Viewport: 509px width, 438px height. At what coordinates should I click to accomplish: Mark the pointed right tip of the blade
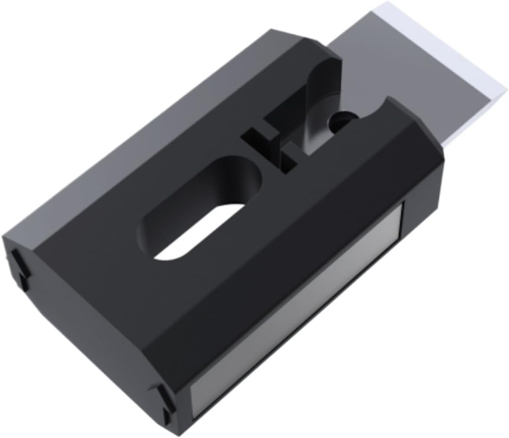click(506, 89)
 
